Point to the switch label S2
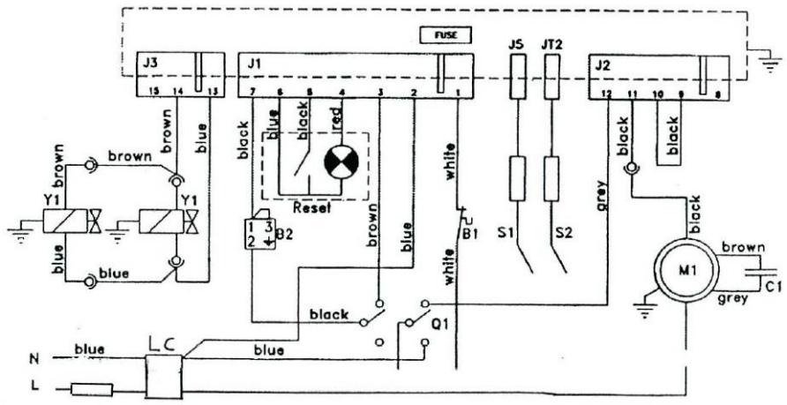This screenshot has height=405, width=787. coord(566,235)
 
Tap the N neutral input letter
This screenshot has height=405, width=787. coord(34,358)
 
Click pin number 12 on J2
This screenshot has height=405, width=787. coord(606,92)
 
